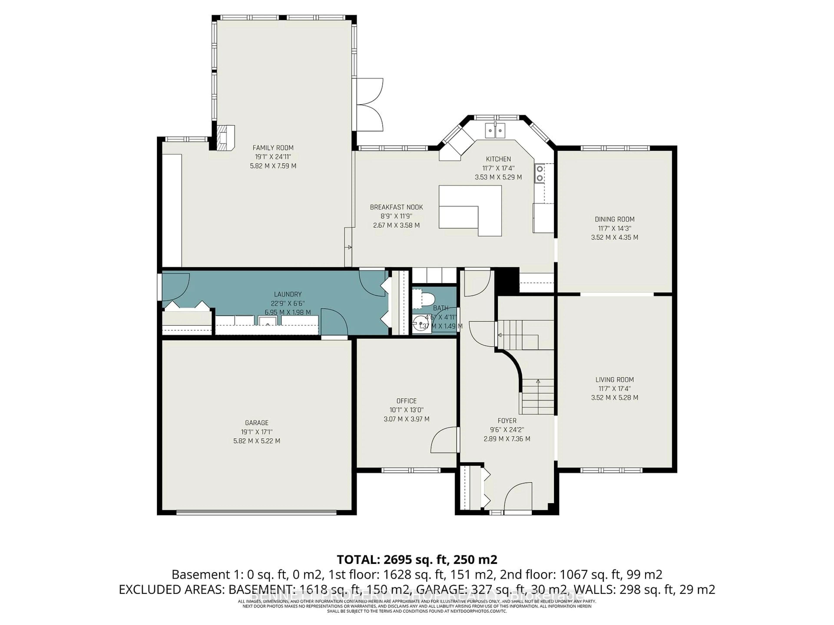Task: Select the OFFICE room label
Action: (x=406, y=401)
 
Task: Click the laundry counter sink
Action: (x=268, y=321)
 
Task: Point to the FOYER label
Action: (x=507, y=420)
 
